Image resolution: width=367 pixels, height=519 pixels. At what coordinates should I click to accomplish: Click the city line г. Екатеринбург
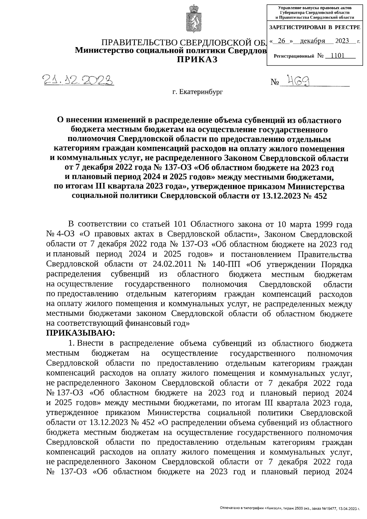pyautogui.click(x=197, y=91)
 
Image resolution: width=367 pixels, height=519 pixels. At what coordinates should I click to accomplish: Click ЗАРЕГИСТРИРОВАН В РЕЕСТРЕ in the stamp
pyautogui.click(x=314, y=28)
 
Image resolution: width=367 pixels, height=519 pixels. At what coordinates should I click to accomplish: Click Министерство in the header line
pyautogui.click(x=105, y=50)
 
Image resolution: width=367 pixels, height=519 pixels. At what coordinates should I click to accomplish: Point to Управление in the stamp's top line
pyautogui.click(x=292, y=7)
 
